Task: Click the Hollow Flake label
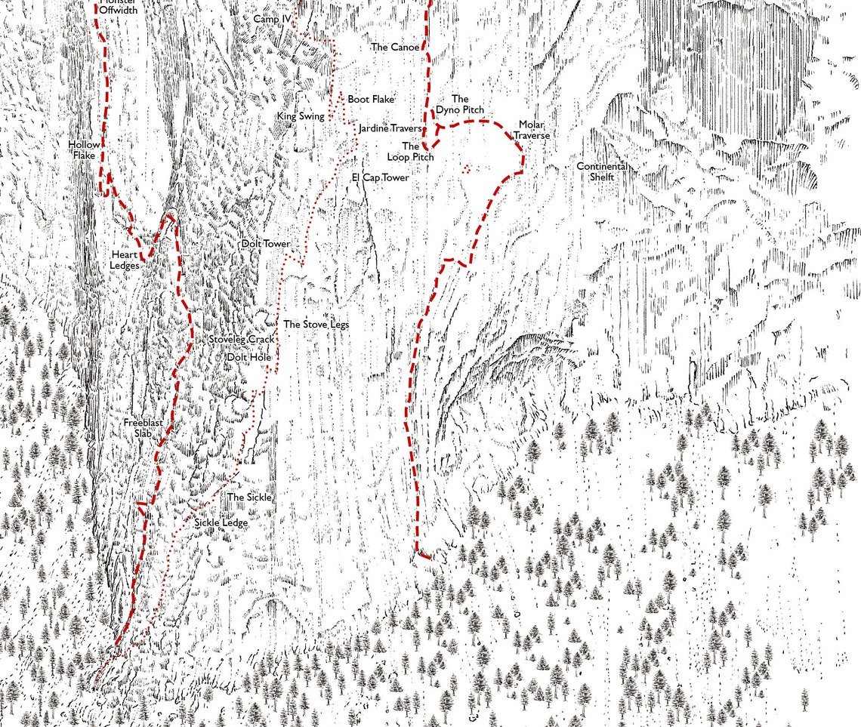[83, 149]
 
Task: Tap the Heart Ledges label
[125, 260]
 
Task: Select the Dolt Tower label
[265, 245]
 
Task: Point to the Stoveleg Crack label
[242, 340]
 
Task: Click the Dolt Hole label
[249, 356]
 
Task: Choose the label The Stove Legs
[316, 325]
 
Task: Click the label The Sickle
[249, 498]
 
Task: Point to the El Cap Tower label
[380, 178]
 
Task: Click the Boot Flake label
[371, 99]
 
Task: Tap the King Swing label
[301, 116]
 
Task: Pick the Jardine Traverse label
[390, 129]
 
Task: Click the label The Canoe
[394, 47]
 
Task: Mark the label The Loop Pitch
[411, 151]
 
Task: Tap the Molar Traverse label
[531, 130]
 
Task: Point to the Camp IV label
[272, 19]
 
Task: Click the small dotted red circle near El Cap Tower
[467, 169]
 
